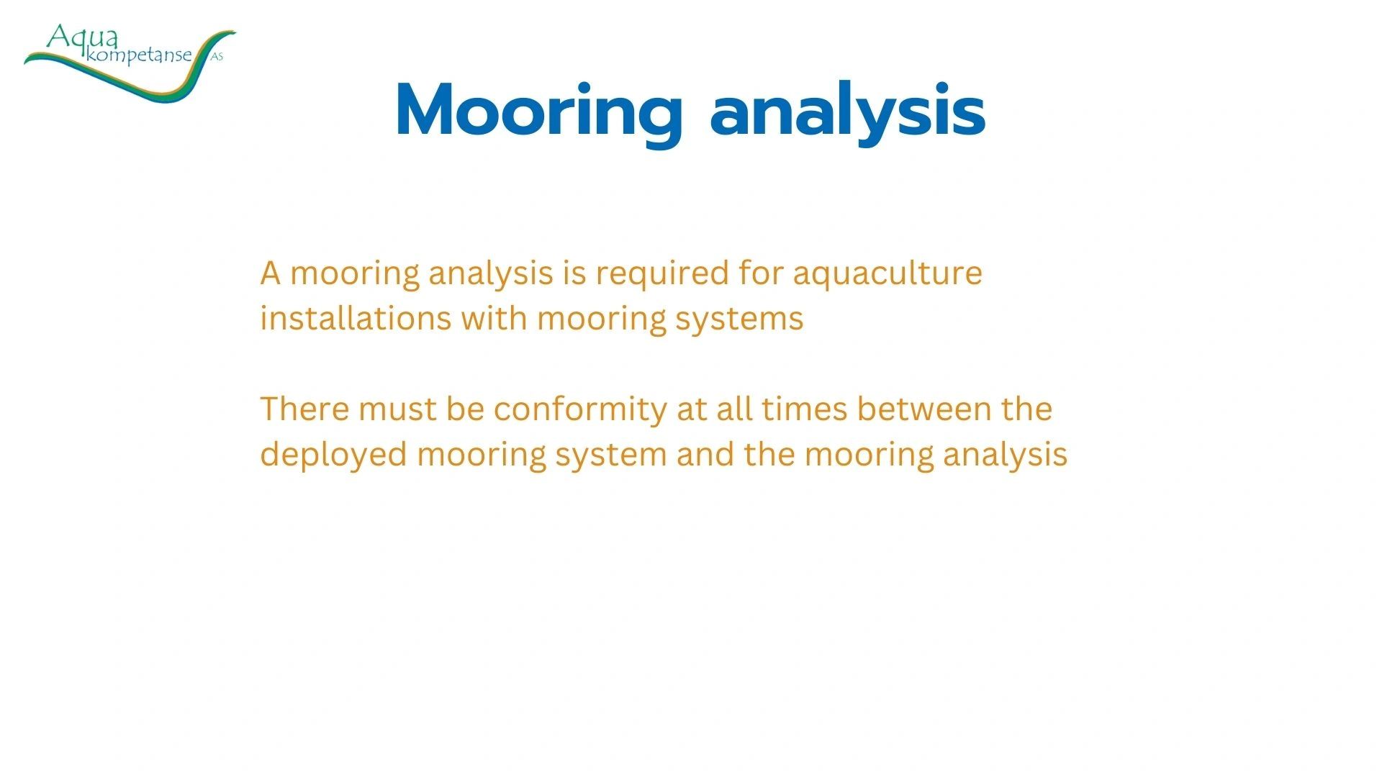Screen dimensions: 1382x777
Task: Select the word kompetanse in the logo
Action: coord(139,56)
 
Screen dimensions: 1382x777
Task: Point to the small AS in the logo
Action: coord(217,57)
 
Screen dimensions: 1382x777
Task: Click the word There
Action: coord(304,409)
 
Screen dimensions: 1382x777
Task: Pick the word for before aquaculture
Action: coord(761,273)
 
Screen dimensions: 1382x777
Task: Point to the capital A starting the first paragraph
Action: coord(271,273)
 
